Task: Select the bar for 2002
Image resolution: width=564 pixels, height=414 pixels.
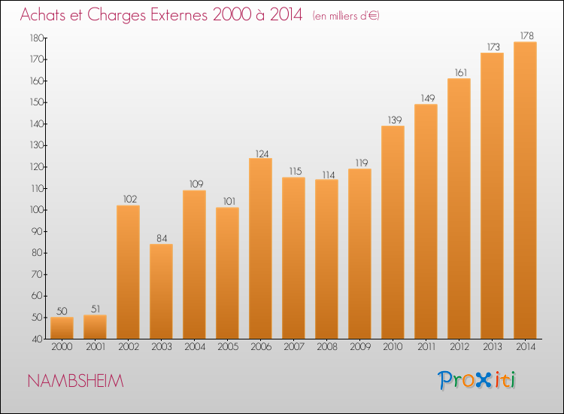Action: tap(128, 272)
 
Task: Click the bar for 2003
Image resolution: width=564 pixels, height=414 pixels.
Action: tap(161, 291)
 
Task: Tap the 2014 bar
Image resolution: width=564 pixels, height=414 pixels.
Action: tap(525, 190)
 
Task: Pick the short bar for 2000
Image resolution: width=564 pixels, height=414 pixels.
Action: tap(62, 328)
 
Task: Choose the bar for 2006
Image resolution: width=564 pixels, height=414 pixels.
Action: tap(260, 248)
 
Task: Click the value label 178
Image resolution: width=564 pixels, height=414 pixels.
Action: tap(527, 35)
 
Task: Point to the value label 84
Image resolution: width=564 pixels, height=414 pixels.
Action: tap(162, 239)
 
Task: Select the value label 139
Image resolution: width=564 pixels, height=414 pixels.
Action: tap(395, 120)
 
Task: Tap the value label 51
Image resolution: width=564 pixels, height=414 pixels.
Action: tap(96, 309)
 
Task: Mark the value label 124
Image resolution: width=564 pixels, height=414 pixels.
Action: tap(262, 154)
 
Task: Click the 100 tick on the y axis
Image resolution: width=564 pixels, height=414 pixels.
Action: tap(37, 210)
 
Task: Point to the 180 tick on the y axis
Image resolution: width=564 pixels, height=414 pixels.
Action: tap(37, 38)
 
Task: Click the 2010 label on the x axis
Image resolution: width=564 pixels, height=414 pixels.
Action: tap(393, 347)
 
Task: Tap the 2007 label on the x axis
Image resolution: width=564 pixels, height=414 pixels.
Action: tap(294, 347)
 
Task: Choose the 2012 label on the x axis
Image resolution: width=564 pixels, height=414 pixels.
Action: tap(459, 347)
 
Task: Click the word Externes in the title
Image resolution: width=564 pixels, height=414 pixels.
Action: tap(179, 14)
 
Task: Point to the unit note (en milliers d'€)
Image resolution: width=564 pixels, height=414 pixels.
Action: tap(346, 16)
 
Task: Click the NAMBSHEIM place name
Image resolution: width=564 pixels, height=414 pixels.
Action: tap(75, 381)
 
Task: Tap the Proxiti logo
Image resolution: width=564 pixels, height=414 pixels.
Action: tap(477, 380)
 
